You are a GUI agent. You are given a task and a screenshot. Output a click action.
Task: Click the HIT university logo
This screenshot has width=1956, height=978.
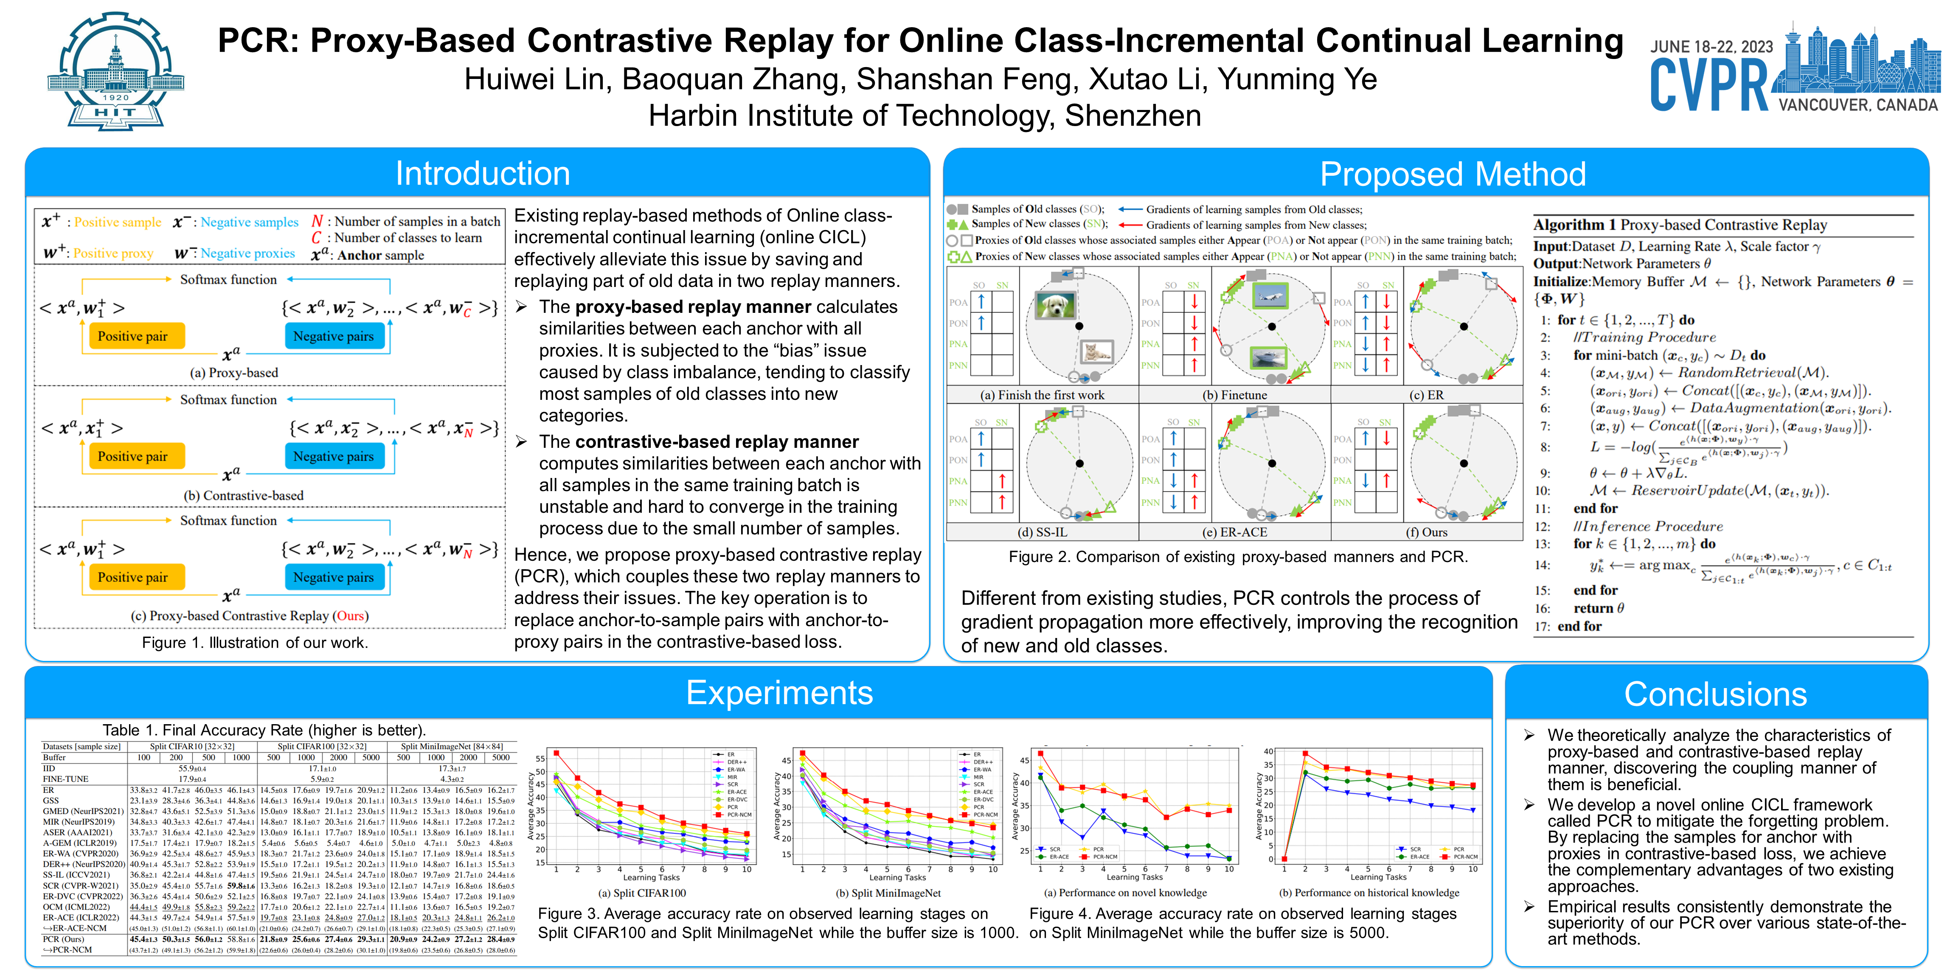[x=115, y=72]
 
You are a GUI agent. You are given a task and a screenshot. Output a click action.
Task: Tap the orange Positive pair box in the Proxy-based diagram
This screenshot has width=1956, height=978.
[x=133, y=336]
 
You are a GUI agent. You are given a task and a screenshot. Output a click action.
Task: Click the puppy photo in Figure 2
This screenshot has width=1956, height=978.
[x=1055, y=305]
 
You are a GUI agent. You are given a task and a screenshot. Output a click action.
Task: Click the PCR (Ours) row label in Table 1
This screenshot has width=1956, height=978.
[x=63, y=939]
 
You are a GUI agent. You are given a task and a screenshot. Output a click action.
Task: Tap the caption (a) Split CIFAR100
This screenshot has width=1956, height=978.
[x=642, y=893]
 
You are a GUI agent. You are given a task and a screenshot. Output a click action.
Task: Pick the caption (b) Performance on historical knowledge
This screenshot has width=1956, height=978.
[x=1369, y=893]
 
